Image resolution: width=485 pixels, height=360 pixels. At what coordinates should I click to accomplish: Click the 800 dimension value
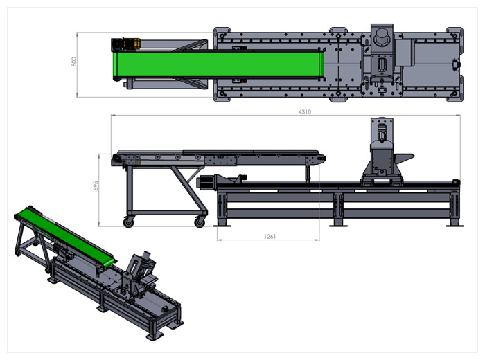point(73,62)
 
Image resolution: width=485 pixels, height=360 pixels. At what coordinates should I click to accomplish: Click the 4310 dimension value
point(305,112)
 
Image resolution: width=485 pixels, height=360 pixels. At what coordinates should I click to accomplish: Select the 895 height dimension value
point(96,186)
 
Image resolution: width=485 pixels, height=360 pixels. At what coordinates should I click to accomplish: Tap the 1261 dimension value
point(270,236)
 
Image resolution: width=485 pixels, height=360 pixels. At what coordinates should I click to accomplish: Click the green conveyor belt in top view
point(218,64)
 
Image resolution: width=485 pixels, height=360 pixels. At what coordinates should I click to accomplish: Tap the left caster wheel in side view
point(129,222)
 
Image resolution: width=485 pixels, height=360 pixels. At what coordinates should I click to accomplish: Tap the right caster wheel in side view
point(200,222)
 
